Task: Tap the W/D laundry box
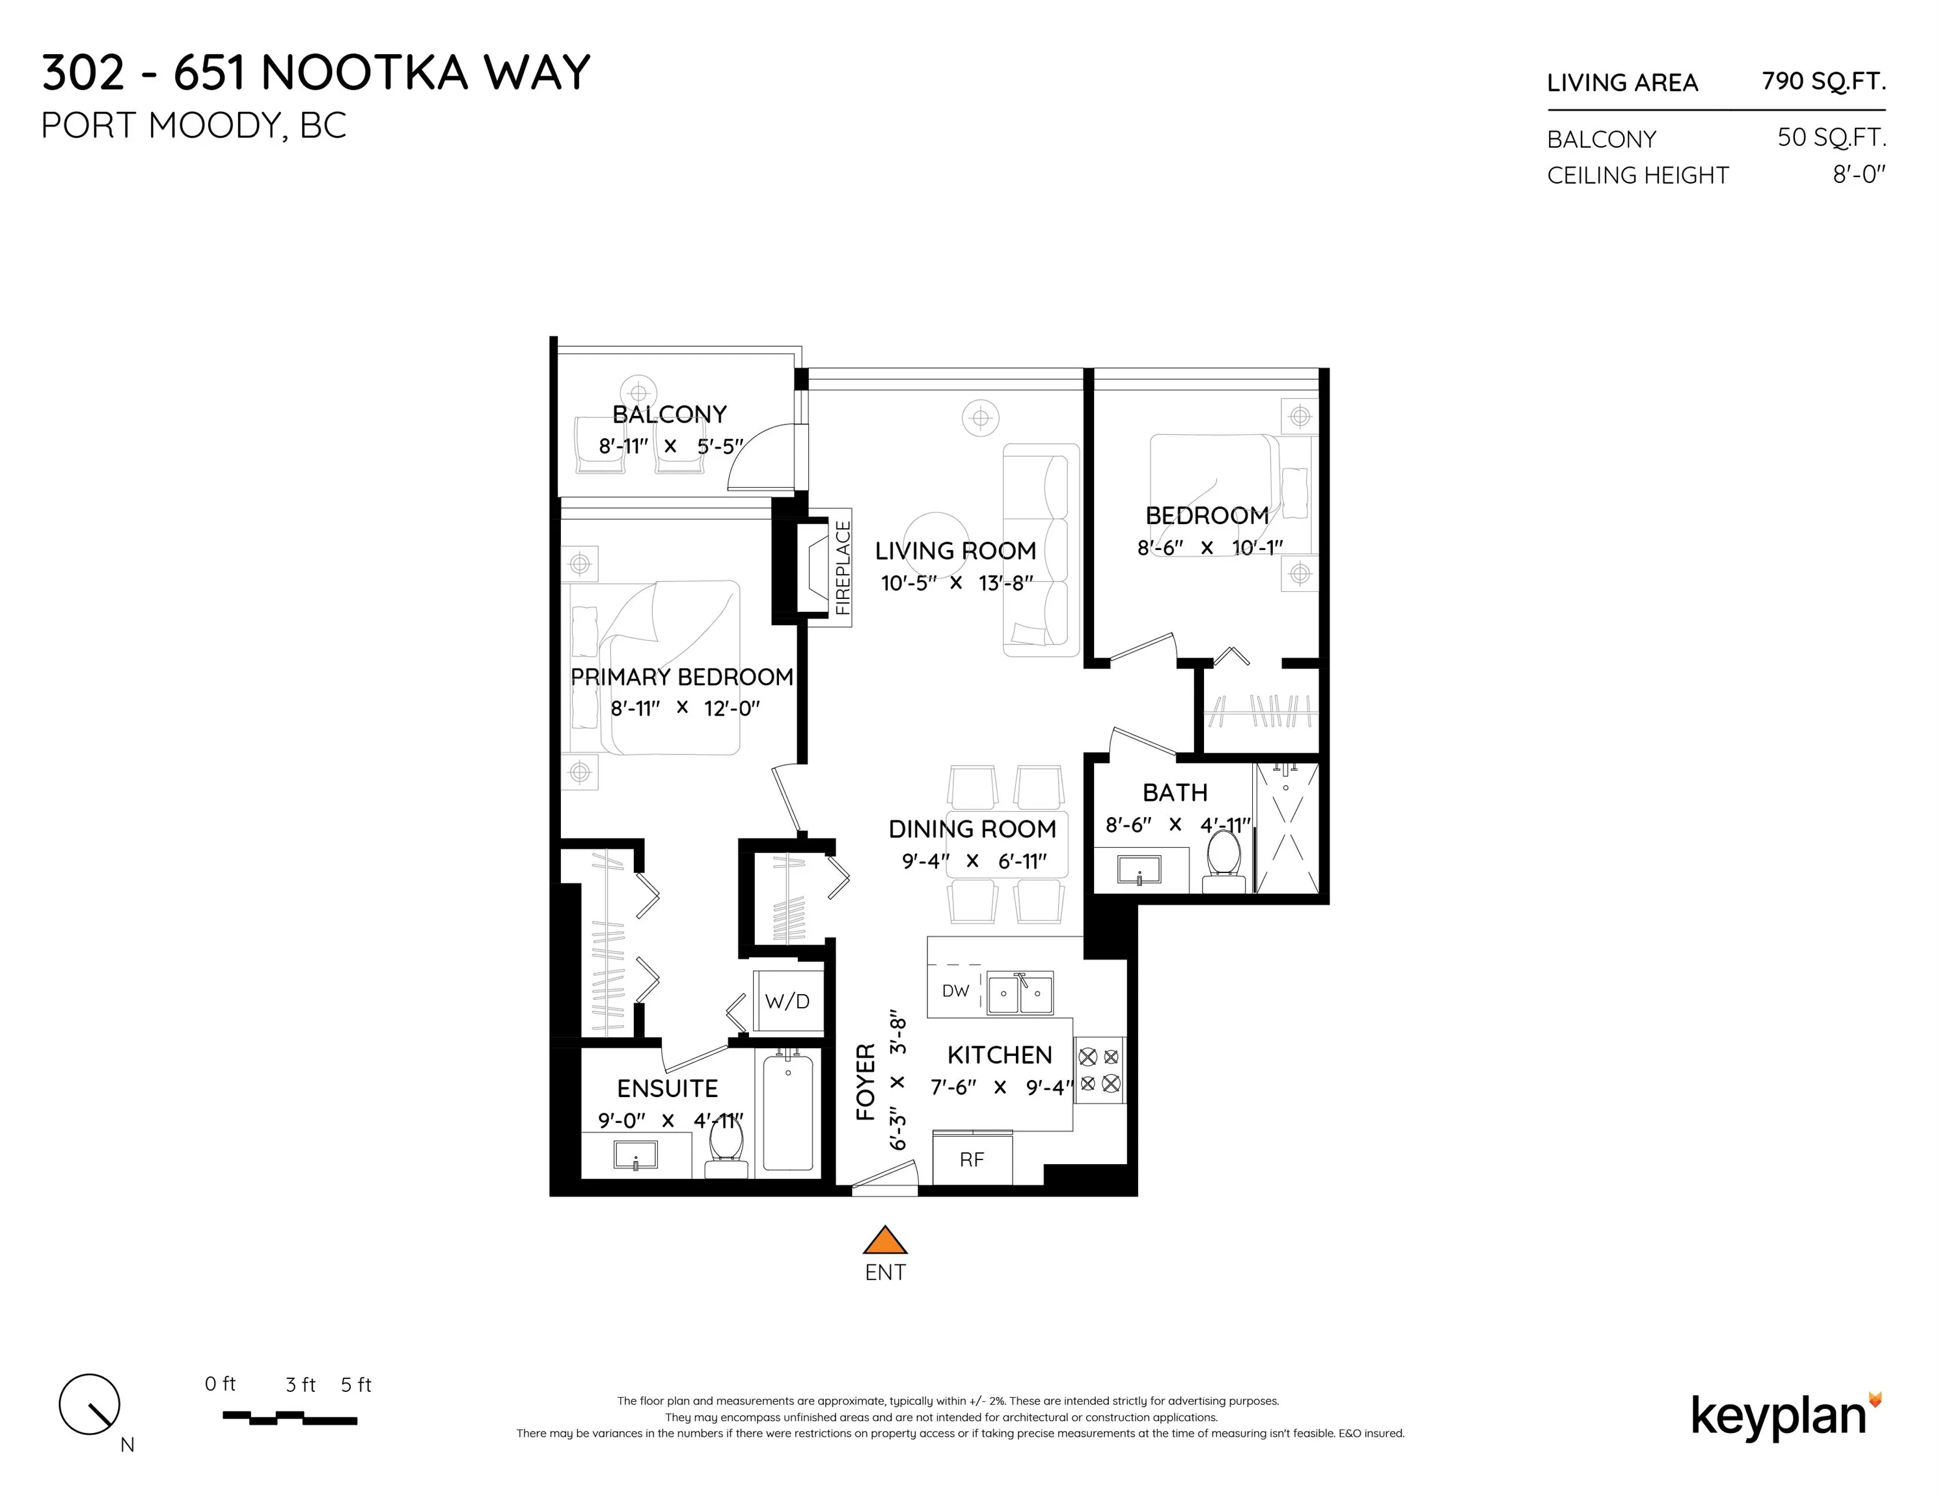[x=787, y=1001]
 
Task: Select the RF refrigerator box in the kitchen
[x=972, y=1159]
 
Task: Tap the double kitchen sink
[x=1020, y=993]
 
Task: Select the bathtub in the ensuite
[x=788, y=1112]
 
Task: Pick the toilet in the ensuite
[x=726, y=1151]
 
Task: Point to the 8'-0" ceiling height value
[x=1858, y=174]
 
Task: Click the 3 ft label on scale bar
[x=300, y=1385]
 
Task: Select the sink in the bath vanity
[x=1139, y=868]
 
